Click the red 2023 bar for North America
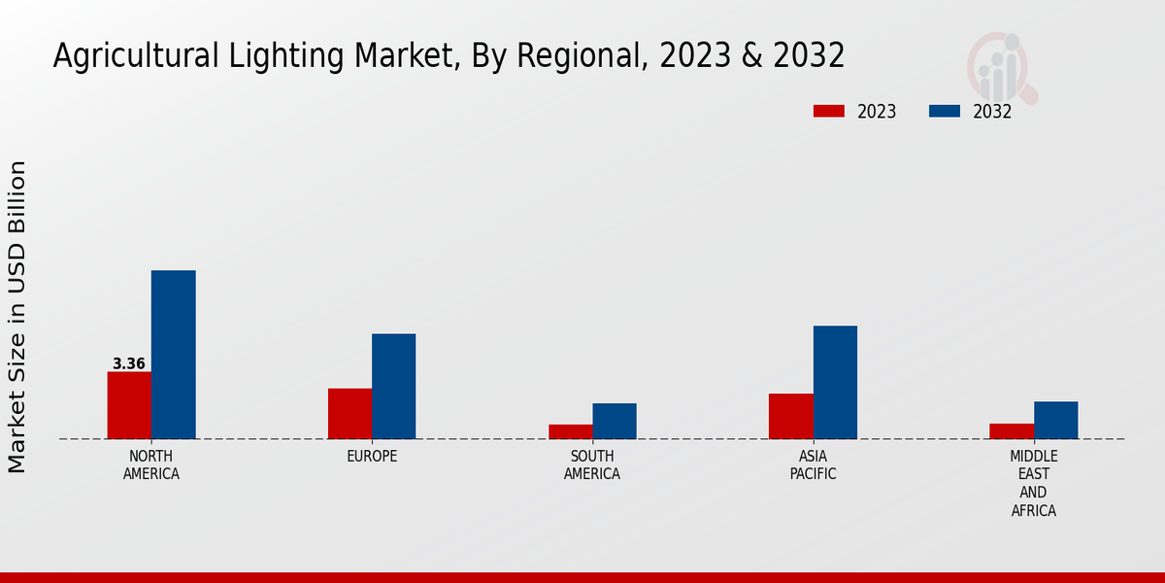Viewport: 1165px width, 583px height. tap(129, 405)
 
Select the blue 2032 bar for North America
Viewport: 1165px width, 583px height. tap(173, 355)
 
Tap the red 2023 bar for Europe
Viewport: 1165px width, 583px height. tap(349, 414)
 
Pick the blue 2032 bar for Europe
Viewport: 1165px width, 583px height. tap(393, 387)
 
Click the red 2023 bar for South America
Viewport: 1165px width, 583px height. tap(570, 431)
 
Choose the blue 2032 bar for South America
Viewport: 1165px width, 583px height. tap(615, 421)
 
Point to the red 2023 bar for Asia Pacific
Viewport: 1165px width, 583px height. tap(790, 416)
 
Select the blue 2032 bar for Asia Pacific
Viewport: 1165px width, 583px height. tap(835, 382)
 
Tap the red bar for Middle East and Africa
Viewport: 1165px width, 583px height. tap(1012, 431)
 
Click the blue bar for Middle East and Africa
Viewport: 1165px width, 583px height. tap(1055, 420)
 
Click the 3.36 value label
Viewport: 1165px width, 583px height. tap(129, 364)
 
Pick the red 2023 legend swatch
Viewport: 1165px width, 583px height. tap(829, 111)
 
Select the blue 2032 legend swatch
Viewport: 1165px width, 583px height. tap(945, 111)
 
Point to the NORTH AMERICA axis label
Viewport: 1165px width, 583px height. tap(151, 465)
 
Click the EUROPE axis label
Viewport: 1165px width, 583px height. tap(372, 457)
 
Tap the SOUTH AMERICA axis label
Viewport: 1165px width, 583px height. tap(592, 465)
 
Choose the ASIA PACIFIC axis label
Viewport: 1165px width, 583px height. tap(813, 465)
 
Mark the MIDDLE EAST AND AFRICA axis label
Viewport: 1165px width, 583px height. tap(1034, 484)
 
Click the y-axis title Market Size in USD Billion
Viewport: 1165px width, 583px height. tap(17, 317)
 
